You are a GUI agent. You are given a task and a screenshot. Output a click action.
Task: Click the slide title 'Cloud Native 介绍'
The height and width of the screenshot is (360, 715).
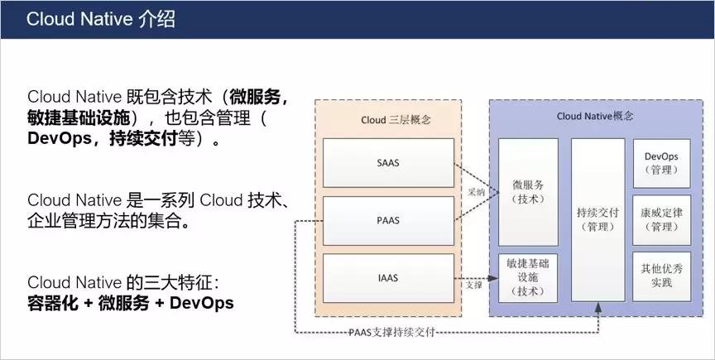tap(100, 20)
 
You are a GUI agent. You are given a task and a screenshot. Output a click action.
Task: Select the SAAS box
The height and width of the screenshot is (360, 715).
tap(388, 163)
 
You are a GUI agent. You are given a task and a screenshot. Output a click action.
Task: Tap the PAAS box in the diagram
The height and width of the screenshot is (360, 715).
tap(388, 221)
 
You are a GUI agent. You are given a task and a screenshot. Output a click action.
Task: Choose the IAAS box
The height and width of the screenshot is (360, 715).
tap(388, 278)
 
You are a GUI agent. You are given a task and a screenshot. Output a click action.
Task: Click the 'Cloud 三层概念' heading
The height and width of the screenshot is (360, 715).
tap(396, 120)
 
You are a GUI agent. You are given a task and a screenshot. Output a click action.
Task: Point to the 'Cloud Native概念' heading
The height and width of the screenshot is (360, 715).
tap(595, 117)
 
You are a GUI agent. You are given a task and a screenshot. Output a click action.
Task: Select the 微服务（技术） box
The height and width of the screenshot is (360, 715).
tap(528, 192)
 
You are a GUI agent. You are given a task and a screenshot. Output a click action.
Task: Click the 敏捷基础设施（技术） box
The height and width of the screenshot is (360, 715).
tap(528, 278)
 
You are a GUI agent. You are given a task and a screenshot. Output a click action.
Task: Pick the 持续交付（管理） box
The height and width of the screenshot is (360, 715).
tap(597, 219)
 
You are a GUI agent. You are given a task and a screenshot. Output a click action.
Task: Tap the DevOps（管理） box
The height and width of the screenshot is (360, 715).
tap(662, 163)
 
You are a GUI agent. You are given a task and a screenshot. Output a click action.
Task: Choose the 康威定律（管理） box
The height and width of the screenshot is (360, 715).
tap(662, 219)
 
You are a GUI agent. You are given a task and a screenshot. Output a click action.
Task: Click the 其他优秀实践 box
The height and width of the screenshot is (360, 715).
tap(662, 276)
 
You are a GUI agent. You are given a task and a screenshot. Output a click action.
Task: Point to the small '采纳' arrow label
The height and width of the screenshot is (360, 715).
tap(476, 193)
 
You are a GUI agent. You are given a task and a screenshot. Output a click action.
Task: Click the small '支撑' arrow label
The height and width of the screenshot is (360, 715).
tap(473, 286)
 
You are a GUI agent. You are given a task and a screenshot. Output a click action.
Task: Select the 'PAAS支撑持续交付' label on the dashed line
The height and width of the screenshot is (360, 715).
tap(391, 332)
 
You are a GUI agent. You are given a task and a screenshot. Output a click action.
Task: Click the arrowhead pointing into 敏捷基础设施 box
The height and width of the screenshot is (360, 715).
tap(493, 278)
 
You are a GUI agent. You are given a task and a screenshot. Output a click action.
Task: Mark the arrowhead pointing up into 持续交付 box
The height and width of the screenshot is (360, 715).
tap(597, 306)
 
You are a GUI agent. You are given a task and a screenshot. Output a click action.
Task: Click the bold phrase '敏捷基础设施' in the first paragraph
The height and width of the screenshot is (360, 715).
tap(79, 118)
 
